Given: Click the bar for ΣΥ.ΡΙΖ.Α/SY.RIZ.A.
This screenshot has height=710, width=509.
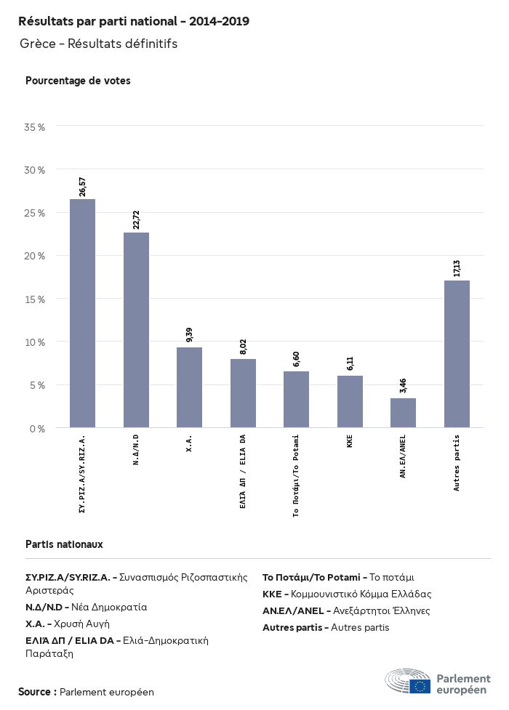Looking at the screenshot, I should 82,313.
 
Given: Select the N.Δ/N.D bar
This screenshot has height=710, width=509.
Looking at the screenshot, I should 136,330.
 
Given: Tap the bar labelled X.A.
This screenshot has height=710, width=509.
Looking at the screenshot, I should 189,387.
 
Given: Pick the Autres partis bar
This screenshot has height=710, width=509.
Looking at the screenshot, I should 457,354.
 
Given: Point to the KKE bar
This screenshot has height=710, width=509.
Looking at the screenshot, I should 350,401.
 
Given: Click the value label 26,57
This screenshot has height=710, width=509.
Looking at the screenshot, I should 83,186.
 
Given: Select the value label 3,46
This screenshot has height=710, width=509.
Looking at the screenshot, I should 404,385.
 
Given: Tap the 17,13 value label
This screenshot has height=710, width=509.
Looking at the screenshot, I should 457,267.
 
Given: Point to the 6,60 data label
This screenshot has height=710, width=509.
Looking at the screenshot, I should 297,358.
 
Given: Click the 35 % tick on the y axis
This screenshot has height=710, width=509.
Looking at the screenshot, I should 35,127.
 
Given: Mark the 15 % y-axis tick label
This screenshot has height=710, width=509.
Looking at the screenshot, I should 35,299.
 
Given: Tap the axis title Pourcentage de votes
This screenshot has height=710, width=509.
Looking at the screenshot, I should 78,81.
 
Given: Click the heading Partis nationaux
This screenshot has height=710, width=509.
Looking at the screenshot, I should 64,544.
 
